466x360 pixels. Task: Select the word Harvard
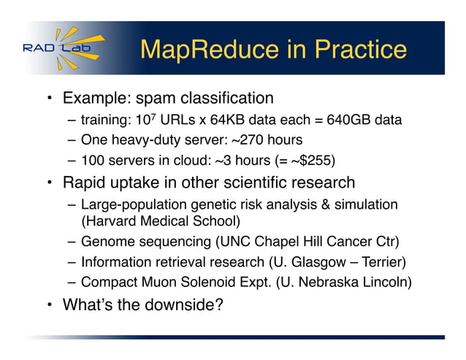[111, 218]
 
